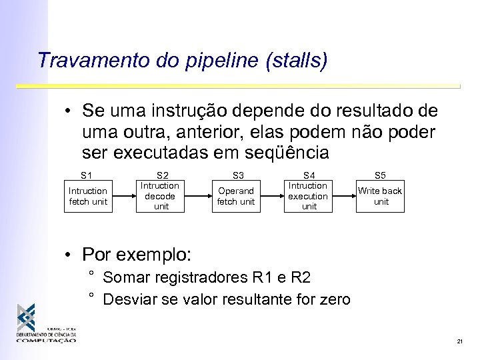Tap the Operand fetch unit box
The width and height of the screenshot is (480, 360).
tap(237, 197)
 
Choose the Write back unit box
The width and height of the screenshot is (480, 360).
tap(380, 196)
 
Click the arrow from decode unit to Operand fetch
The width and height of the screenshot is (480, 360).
tap(198, 197)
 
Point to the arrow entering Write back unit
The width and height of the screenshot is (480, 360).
tap(344, 197)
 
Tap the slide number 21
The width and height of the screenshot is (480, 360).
tap(460, 341)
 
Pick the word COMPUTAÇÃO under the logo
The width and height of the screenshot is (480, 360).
tap(46, 341)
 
